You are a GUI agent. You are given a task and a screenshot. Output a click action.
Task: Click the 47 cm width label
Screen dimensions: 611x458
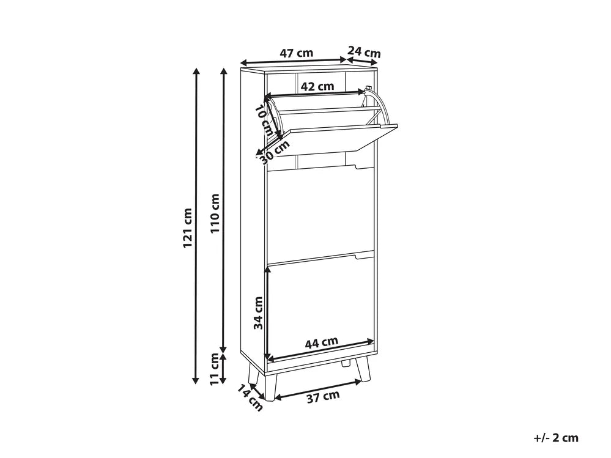coord(297,53)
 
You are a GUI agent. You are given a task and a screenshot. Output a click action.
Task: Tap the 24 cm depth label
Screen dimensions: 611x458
coord(364,52)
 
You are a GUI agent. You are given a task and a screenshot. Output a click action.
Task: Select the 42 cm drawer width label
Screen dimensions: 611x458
coord(317,86)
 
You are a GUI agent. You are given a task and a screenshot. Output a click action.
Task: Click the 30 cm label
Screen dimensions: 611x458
coord(275,152)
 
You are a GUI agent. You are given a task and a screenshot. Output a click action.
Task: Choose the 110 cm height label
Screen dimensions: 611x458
coord(215,213)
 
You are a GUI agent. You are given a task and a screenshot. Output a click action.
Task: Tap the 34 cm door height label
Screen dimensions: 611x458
coord(258,312)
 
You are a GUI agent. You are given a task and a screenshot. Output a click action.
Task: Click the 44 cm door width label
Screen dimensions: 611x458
coord(322,342)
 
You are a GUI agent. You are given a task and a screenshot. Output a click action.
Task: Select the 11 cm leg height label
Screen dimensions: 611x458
coord(214,369)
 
